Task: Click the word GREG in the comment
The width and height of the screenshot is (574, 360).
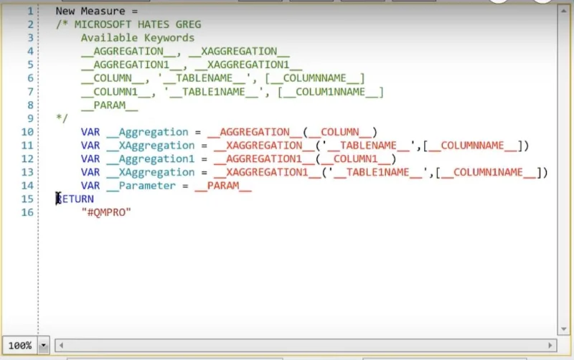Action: [188, 24]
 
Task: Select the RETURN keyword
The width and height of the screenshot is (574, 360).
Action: [75, 199]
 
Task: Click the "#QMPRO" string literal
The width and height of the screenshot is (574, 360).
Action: [106, 212]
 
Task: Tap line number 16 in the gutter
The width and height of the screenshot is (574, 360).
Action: [27, 212]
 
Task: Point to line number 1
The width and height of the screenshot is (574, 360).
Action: [30, 11]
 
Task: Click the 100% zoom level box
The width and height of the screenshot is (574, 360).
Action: [20, 346]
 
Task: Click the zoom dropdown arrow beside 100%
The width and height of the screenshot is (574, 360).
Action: [44, 346]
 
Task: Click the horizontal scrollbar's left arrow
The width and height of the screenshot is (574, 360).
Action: [61, 345]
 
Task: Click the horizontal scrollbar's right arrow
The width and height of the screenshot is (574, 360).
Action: [550, 345]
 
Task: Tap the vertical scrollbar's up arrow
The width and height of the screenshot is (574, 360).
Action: [563, 11]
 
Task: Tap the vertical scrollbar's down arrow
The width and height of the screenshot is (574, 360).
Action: [563, 329]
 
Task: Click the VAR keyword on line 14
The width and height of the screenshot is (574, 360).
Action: [90, 186]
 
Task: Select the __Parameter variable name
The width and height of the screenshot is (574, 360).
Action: [141, 186]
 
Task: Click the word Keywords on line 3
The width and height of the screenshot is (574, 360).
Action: [169, 38]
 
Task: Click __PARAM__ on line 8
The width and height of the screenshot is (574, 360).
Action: [110, 105]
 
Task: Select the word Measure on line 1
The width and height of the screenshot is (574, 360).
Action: [103, 11]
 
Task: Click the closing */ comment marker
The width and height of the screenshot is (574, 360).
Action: [62, 118]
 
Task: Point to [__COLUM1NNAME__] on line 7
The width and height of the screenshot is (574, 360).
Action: [331, 92]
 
